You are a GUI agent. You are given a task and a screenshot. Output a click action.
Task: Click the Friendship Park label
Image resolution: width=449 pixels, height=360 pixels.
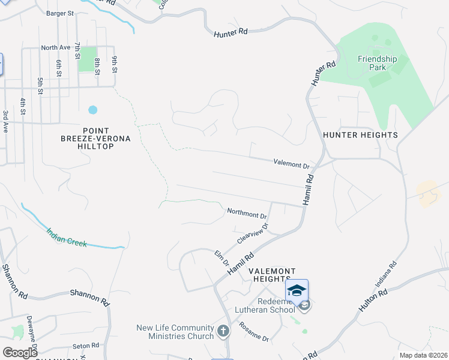378,64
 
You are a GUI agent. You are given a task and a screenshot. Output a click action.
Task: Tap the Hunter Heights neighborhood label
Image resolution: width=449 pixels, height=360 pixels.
360,135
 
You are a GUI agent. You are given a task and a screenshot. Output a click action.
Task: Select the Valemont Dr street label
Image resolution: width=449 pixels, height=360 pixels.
291,163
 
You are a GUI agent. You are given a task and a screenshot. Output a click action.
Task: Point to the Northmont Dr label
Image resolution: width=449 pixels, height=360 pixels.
247,213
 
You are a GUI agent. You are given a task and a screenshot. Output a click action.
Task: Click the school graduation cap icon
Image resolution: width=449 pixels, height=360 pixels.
297,290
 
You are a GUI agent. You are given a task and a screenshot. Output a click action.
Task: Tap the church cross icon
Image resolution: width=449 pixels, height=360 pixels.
223,331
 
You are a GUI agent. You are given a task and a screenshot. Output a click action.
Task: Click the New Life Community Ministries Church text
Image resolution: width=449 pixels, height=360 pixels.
175,332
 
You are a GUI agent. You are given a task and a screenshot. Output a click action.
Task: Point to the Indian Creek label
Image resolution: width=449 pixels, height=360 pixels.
67,236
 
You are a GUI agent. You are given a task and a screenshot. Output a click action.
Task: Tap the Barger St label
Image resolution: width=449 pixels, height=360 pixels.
59,13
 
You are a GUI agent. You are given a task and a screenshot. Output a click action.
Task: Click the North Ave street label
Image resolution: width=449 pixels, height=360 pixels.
56,47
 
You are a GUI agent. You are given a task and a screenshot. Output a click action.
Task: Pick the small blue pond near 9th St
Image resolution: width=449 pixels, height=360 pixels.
92,110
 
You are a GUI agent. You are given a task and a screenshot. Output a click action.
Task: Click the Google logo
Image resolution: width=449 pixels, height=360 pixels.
20,352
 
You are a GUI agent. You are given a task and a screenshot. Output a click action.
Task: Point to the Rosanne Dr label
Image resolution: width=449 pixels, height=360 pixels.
253,332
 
